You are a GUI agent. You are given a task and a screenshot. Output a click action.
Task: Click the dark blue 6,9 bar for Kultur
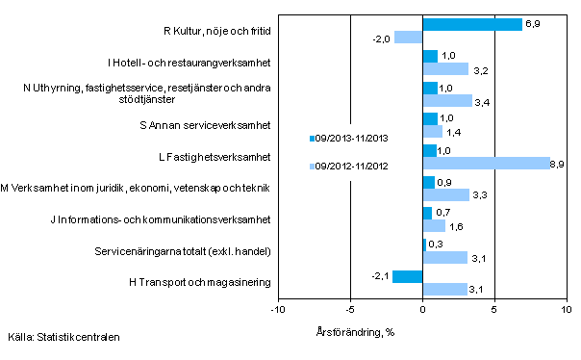pos(472,24)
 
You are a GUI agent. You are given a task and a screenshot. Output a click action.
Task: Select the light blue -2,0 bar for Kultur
pos(408,38)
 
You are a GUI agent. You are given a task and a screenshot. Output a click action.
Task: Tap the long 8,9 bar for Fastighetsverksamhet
pos(486,163)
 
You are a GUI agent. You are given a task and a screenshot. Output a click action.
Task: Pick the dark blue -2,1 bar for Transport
pos(408,276)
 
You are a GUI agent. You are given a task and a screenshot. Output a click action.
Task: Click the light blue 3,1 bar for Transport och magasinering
pos(444,289)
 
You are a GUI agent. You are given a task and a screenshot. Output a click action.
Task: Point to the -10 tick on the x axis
pos(277,311)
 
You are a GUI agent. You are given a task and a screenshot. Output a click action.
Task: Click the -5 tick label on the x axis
pos(349,311)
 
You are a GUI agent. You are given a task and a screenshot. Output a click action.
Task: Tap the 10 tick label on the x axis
pos(566,311)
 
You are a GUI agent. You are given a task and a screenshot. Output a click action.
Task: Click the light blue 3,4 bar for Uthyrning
pos(447,100)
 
